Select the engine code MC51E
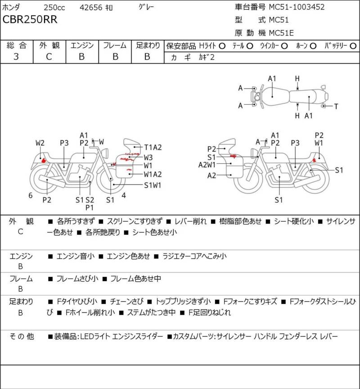284,32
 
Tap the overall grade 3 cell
17,56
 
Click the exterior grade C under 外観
49,56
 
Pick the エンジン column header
82,45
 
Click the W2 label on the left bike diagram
40,143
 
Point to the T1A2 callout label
153,147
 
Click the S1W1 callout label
153,184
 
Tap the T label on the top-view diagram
336,106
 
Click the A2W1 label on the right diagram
207,165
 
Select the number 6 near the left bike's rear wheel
30,195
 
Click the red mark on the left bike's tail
43,159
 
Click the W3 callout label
148,157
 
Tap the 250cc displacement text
54,7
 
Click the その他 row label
22,336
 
